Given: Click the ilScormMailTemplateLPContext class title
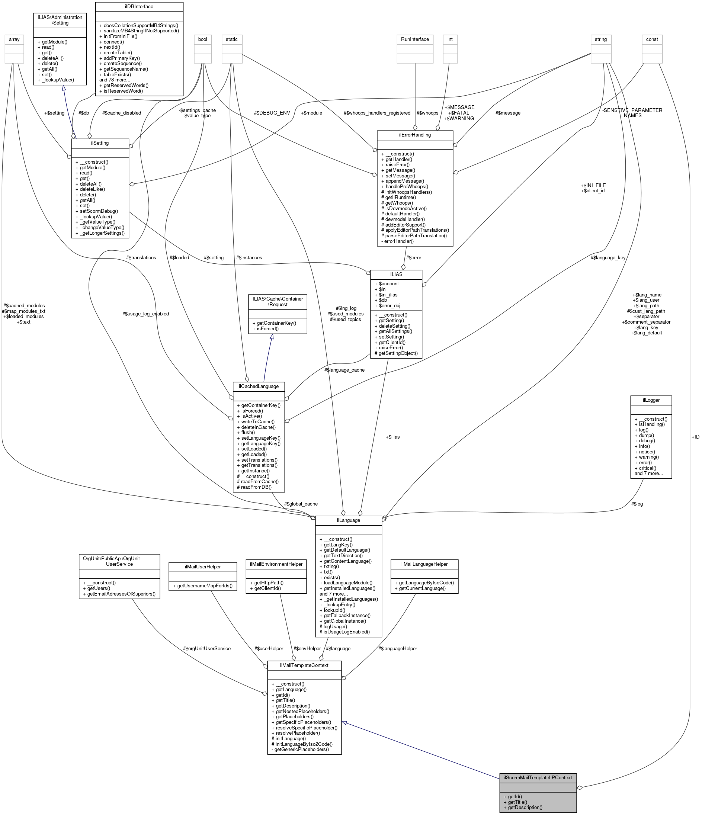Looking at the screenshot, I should pyautogui.click(x=538, y=777).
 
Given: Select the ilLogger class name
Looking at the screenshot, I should pyautogui.click(x=651, y=400).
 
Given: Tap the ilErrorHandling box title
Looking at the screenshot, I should pyautogui.click(x=415, y=135).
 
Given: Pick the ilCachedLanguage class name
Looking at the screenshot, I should pyautogui.click(x=259, y=386).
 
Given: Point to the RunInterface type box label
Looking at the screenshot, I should pyautogui.click(x=415, y=39).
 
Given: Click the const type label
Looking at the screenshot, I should pyautogui.click(x=652, y=39).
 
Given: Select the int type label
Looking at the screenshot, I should pyautogui.click(x=450, y=39).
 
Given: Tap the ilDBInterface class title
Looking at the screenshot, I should pyautogui.click(x=139, y=7).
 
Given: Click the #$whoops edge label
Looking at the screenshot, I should pyautogui.click(x=427, y=113).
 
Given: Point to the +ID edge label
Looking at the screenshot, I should pyautogui.click(x=695, y=437).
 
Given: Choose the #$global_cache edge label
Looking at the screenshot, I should pyautogui.click(x=301, y=504).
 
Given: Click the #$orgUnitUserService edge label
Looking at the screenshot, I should pyautogui.click(x=206, y=648).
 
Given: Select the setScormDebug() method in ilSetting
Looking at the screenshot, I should pyautogui.click(x=99, y=211).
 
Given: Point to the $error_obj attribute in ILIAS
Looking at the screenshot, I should pyautogui.click(x=390, y=306).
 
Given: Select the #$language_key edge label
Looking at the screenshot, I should pyautogui.click(x=608, y=258).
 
